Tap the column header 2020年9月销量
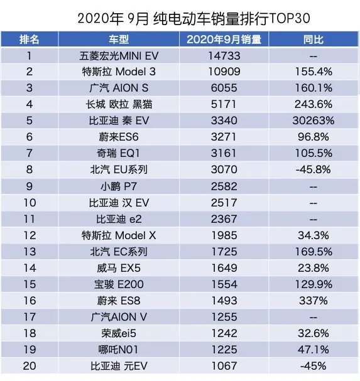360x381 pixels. (x=224, y=40)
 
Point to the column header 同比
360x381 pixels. (x=312, y=40)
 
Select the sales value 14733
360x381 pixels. (x=224, y=56)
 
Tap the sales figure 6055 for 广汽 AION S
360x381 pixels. (x=224, y=88)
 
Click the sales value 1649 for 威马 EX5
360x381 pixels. (x=224, y=267)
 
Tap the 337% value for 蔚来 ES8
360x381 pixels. (x=312, y=300)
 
